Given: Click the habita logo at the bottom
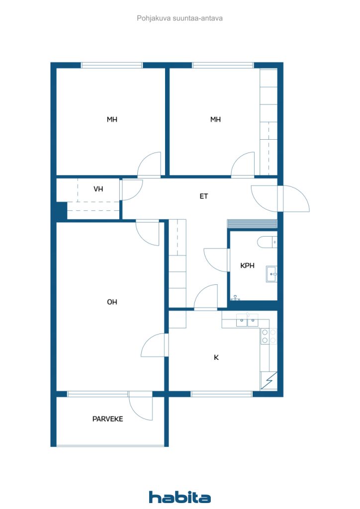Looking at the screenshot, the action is [180, 497].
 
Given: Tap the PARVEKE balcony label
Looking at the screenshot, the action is [108, 419].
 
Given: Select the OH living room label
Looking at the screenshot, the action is [112, 302].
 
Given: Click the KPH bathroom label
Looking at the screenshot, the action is [247, 265].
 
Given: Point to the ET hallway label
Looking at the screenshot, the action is [203, 196].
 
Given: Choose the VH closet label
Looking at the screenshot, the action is [98, 189].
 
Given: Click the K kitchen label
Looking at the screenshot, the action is [216, 357].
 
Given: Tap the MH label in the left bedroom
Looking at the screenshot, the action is [112, 119].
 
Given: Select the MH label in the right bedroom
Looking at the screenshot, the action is [215, 119].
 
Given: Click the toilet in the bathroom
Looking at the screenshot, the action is [267, 242].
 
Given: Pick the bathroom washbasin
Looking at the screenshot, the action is [271, 274].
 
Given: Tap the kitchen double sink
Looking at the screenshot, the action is [247, 321].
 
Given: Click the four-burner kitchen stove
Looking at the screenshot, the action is [269, 336].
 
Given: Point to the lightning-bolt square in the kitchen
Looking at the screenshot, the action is [269, 380].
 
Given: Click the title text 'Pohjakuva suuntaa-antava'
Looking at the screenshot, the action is [180, 18].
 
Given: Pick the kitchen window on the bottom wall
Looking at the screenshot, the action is [221, 394].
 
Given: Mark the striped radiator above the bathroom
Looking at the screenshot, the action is [252, 224].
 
